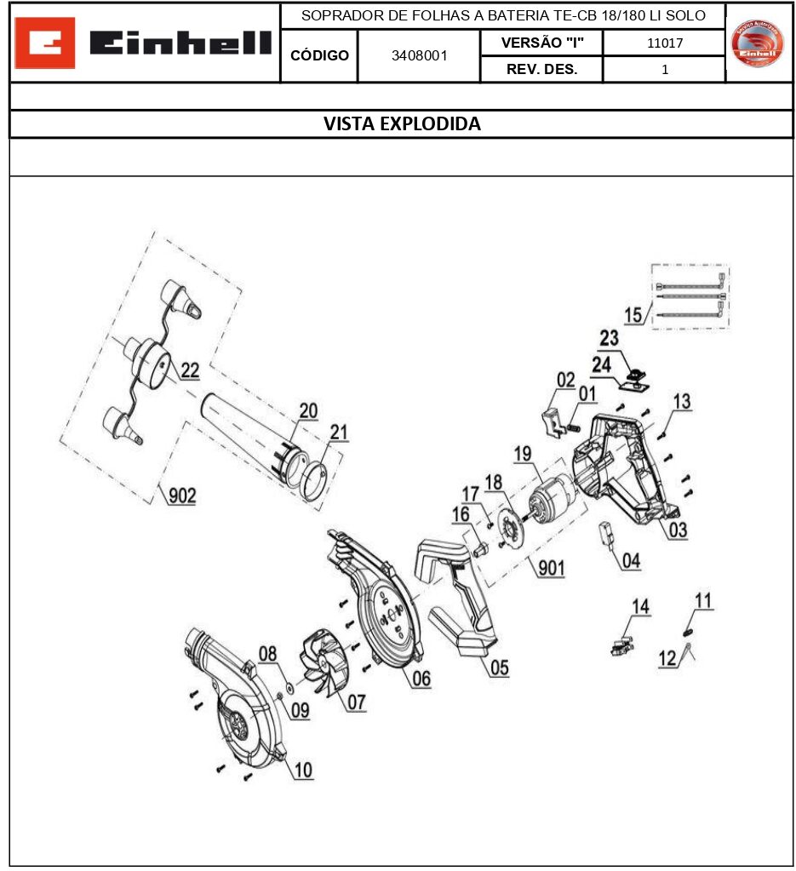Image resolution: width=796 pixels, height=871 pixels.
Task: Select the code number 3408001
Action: point(419,56)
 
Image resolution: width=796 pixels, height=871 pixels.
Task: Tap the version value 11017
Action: point(664,43)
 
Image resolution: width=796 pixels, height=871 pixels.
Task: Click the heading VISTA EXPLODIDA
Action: point(402,124)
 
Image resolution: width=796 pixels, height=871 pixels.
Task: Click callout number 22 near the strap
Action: point(190,370)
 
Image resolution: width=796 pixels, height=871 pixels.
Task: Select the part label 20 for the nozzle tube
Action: point(307,411)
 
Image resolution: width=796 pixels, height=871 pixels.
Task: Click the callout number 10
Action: point(303,770)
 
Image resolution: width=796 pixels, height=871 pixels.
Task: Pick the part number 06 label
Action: point(421,679)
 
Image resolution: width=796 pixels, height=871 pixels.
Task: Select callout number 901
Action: point(551,568)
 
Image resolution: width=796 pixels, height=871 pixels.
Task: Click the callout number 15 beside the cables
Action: point(633,315)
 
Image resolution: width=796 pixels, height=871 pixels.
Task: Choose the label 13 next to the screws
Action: point(682,401)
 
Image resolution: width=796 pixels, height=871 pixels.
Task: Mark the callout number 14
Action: point(640,606)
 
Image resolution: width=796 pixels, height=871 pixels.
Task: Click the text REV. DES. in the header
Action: point(541,70)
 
